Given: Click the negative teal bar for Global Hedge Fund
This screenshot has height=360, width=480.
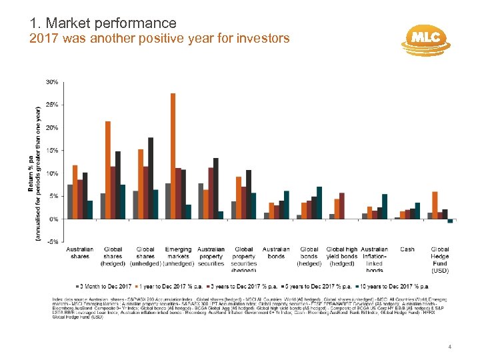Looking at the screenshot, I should click(450, 221).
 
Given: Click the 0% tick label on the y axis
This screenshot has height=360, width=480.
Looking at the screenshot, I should click(53, 219).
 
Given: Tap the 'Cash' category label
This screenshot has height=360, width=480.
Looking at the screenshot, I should click(407, 249).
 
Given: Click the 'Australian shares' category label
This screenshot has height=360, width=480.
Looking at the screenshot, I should click(80, 253).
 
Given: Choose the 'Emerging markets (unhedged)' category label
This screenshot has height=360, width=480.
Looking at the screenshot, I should click(178, 256).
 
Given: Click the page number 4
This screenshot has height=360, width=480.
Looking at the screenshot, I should click(450, 347).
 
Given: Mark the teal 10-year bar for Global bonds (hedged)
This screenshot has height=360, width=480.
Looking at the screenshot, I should click(319, 203).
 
